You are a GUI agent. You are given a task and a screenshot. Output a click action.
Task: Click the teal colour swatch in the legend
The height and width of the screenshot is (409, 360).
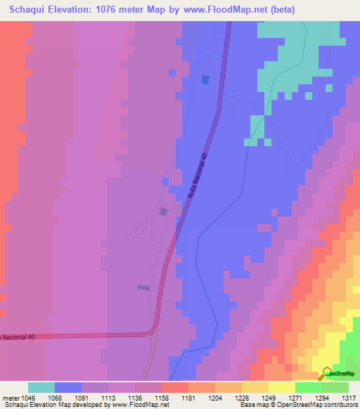pos(41,387)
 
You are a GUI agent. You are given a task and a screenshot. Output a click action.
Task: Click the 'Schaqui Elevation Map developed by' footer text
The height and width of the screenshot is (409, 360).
pos(53,405)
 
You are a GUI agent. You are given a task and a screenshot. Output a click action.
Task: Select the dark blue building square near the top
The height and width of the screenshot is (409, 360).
pos(205,79)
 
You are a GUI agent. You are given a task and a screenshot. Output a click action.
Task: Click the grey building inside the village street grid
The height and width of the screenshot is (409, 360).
pos(163,211)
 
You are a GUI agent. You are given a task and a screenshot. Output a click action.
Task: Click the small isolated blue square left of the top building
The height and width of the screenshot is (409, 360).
pos(172,72)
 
